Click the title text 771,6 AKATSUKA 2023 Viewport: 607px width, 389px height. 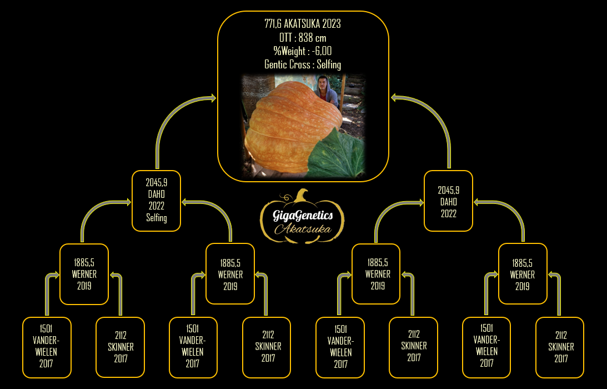(x=303, y=24)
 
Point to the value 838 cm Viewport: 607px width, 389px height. (x=313, y=38)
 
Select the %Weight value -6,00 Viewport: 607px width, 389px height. (x=322, y=51)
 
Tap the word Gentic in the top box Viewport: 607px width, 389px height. (x=275, y=64)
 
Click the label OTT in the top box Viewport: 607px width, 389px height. (x=285, y=38)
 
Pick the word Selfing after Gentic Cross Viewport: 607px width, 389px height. (x=329, y=64)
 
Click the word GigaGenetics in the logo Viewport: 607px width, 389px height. (x=303, y=216)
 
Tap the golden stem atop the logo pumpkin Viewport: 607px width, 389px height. (x=302, y=196)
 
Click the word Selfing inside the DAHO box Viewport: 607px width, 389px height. (x=157, y=218)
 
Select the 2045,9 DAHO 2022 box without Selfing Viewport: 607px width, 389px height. (x=448, y=201)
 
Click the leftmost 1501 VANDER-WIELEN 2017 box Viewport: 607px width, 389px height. (x=47, y=347)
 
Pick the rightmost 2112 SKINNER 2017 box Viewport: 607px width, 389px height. (x=560, y=347)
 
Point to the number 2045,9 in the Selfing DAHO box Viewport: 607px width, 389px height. (x=157, y=182)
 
